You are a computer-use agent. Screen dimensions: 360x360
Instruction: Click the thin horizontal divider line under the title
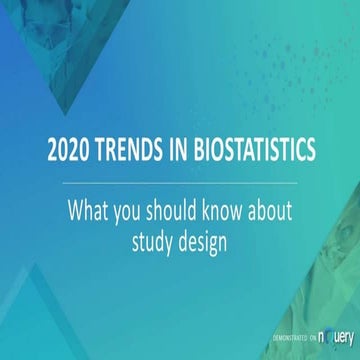click(180, 183)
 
